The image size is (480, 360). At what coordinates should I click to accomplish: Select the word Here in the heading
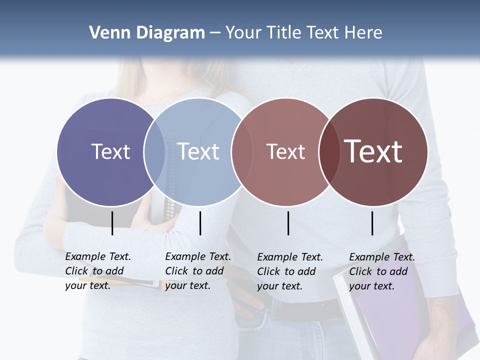click(363, 33)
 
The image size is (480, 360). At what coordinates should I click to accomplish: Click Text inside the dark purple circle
click(110, 151)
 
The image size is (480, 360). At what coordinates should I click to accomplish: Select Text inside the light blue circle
click(198, 151)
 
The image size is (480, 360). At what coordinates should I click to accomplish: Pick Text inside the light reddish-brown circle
click(285, 151)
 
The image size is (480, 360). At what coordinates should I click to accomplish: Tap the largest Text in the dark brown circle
click(373, 151)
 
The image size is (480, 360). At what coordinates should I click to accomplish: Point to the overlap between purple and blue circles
click(154, 152)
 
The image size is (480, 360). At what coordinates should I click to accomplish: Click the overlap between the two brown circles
click(329, 152)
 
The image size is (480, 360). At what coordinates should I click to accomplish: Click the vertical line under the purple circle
click(112, 223)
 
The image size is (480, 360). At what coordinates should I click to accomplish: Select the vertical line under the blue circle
click(200, 223)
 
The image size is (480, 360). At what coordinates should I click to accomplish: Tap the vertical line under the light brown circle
click(288, 223)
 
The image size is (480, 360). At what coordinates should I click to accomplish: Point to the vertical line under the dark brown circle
click(372, 223)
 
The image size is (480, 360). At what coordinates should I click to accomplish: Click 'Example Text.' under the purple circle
click(98, 256)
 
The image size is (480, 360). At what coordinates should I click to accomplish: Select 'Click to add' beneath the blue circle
click(194, 271)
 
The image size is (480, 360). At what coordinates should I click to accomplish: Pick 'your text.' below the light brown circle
click(279, 286)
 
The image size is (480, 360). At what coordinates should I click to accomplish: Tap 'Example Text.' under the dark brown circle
click(382, 257)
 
